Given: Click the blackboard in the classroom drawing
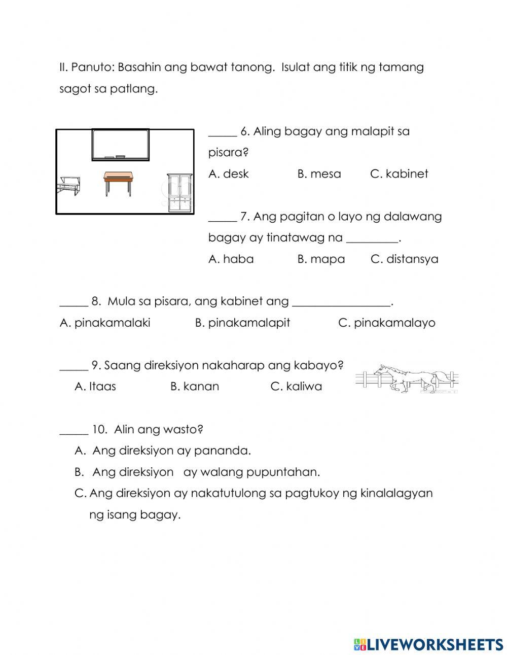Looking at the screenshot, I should tap(120, 145).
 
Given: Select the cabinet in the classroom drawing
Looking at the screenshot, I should tap(180, 192).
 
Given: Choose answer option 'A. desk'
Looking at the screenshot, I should tap(228, 174).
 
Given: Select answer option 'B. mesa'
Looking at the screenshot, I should tap(319, 174).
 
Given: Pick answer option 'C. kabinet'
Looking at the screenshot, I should tap(399, 174).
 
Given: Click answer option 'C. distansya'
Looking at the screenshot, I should tap(404, 259).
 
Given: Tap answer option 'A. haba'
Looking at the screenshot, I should tap(231, 259).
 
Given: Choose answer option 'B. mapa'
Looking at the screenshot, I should tap(321, 259).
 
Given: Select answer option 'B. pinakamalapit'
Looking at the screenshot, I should tap(242, 323).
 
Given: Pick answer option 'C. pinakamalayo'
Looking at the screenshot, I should tap(386, 323).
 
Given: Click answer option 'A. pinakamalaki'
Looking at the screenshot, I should tap(105, 323).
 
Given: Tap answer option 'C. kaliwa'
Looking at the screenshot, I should tap(296, 386).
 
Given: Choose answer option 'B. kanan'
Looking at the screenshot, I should tap(195, 386).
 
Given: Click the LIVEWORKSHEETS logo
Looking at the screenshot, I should tap(428, 644).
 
